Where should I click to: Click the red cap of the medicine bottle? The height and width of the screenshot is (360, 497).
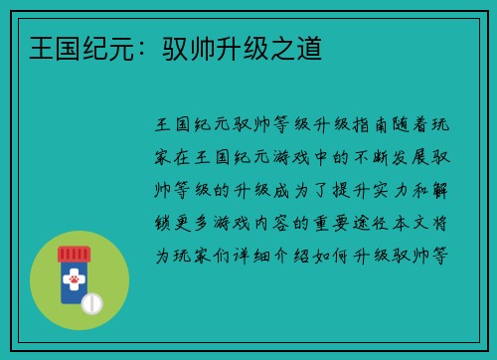point(73,256)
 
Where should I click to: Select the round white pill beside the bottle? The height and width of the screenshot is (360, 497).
point(92,301)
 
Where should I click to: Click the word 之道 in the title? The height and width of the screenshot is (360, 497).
point(297,47)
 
